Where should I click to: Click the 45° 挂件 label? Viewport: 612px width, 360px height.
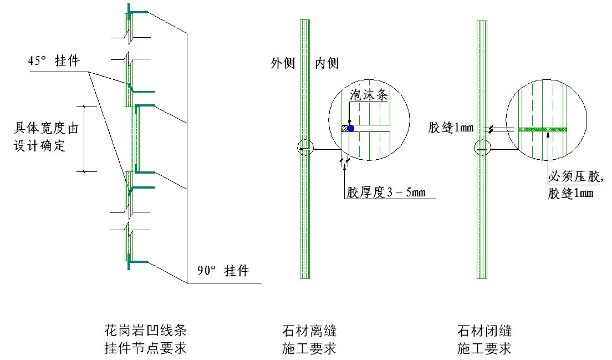[x=54, y=61]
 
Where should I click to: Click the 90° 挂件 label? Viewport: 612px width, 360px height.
[x=223, y=271]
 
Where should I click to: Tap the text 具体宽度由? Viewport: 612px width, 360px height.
[x=46, y=128]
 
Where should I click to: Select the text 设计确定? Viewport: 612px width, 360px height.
[x=40, y=146]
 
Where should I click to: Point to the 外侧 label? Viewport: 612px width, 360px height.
[x=283, y=63]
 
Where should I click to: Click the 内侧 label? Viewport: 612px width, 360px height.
[x=327, y=63]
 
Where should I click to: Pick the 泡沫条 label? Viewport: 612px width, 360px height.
[x=369, y=95]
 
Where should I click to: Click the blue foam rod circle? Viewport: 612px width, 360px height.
[x=350, y=128]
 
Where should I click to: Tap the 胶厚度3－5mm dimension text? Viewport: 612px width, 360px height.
[x=386, y=192]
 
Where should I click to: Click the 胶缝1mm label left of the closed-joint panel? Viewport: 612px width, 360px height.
[x=451, y=128]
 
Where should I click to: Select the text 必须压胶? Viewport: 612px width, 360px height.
[x=576, y=176]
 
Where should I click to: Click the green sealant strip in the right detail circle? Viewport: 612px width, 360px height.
[x=543, y=129]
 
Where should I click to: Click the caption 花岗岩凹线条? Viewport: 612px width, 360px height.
[x=145, y=331]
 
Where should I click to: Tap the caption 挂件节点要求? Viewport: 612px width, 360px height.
[x=145, y=347]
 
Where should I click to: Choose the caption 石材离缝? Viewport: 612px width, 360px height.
[x=309, y=331]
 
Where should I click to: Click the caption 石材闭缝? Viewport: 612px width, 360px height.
[x=484, y=331]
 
